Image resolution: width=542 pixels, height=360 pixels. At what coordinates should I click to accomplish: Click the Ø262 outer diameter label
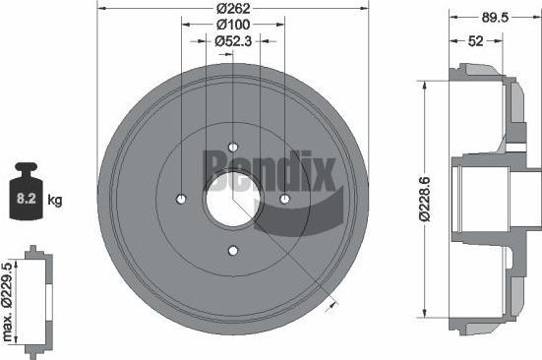click(233, 8)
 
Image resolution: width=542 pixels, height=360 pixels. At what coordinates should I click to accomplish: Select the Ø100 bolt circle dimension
click(233, 25)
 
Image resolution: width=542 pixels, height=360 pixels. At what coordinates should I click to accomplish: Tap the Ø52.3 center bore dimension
click(233, 41)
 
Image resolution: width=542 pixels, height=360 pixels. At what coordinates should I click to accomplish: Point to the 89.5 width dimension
click(495, 18)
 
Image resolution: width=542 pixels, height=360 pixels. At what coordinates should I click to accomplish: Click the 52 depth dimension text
click(476, 41)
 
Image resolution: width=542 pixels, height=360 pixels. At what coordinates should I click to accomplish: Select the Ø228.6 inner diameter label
click(424, 199)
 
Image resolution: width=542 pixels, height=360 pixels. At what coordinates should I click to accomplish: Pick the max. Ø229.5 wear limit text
click(7, 302)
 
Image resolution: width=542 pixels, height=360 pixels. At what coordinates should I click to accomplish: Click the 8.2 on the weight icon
click(27, 199)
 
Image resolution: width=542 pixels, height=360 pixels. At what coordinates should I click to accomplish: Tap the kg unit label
click(55, 200)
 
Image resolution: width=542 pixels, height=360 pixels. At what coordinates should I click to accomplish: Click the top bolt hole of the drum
click(233, 148)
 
